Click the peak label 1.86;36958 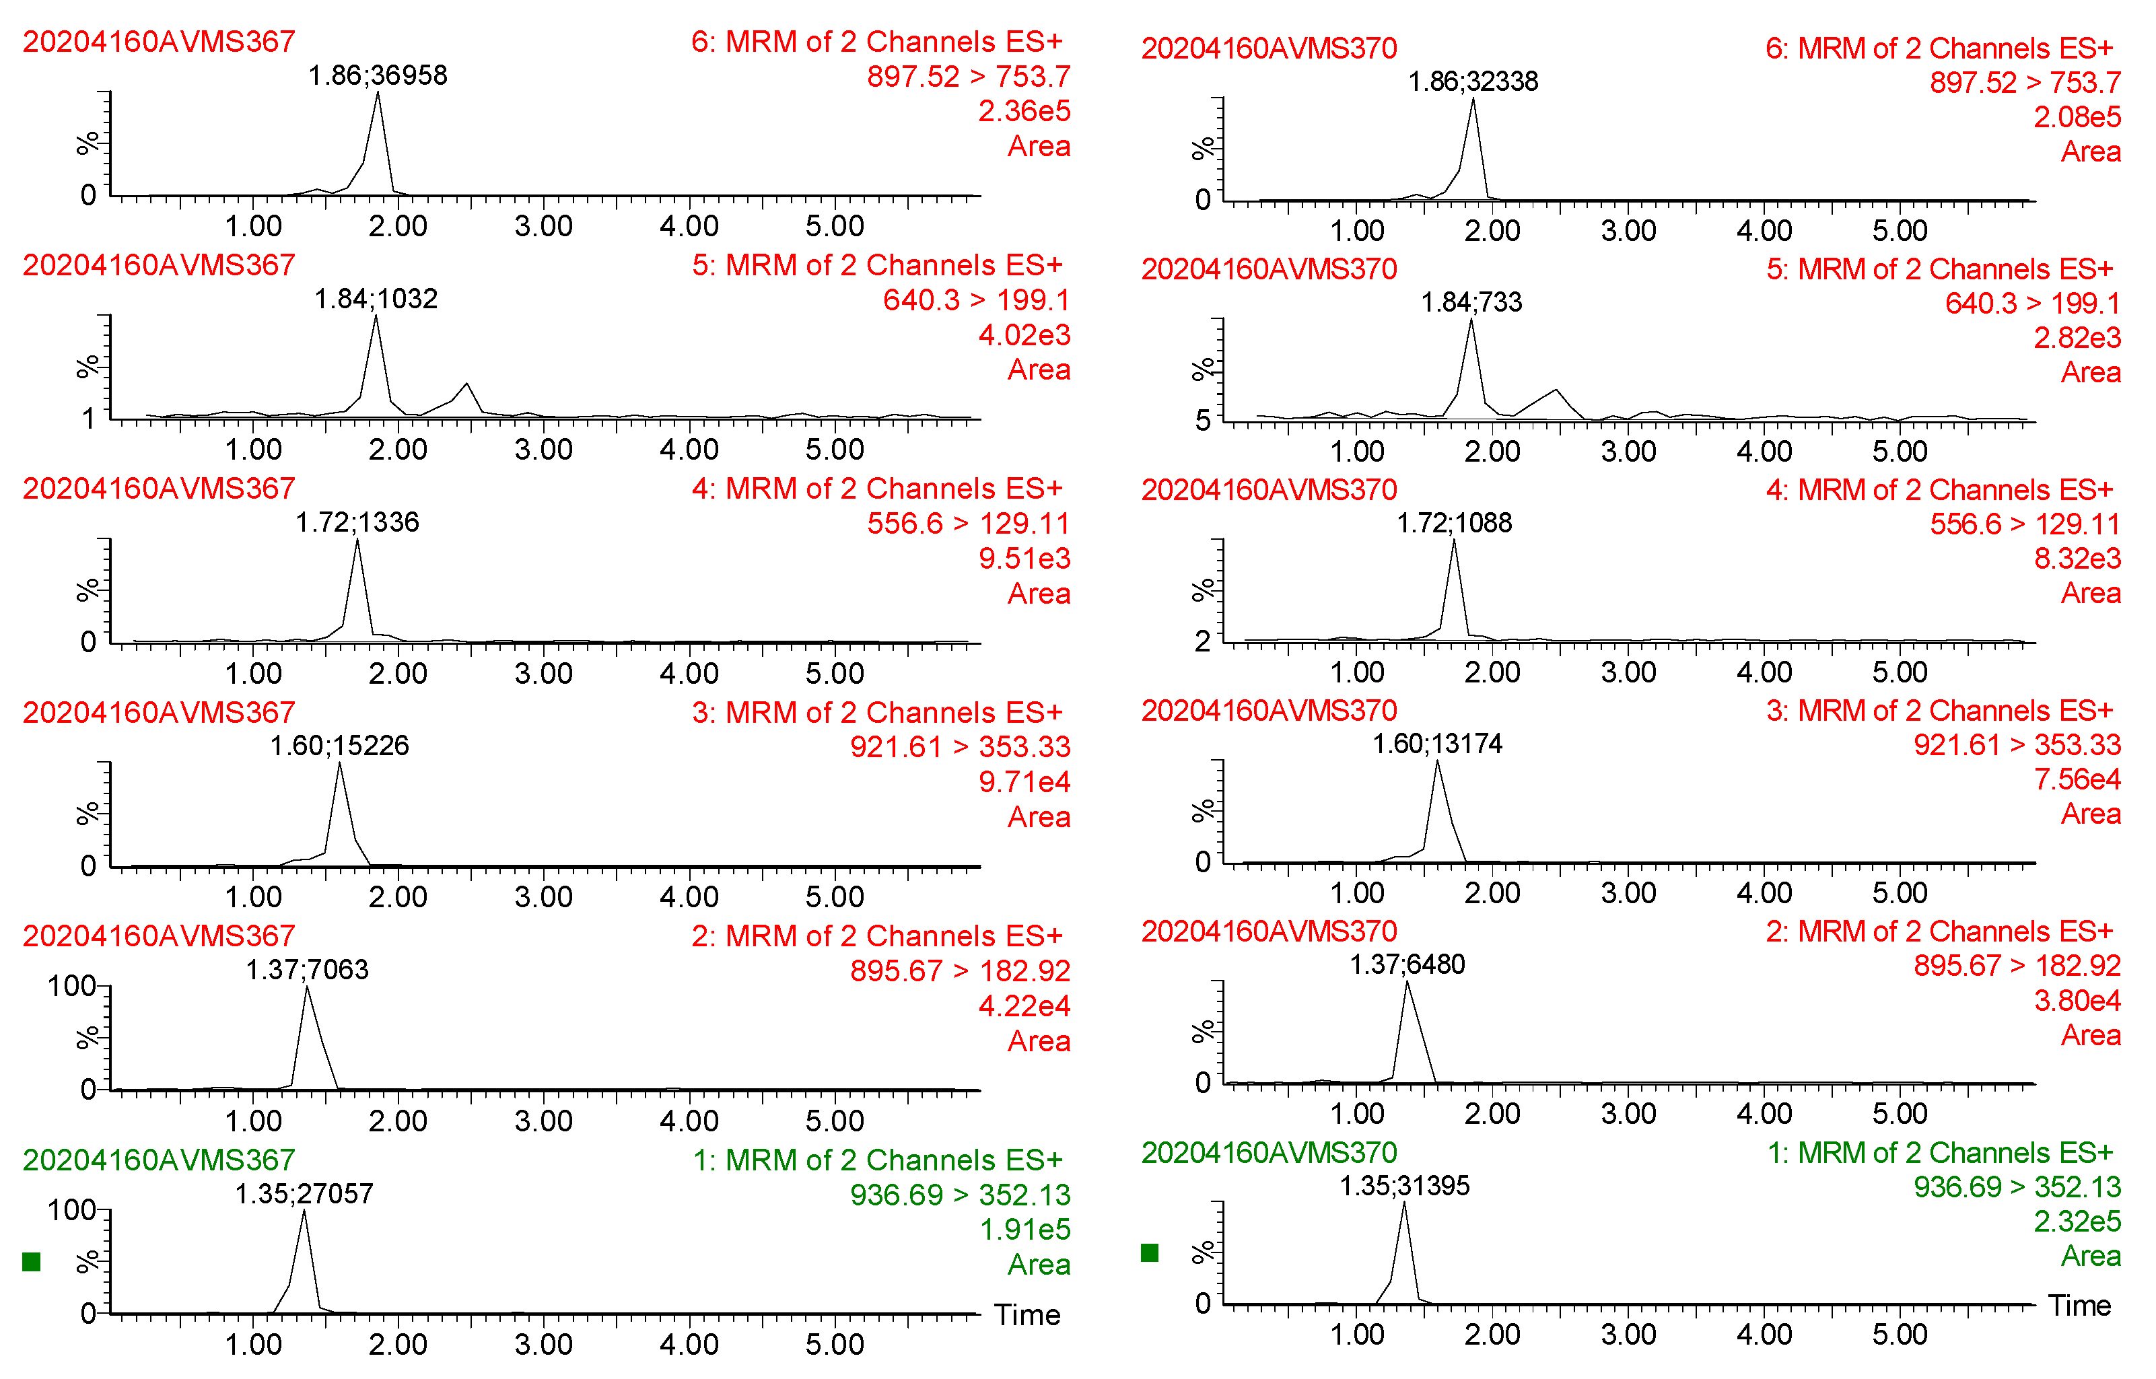pos(377,75)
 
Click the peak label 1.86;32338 pos(1473,81)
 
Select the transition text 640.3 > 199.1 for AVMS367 pos(976,300)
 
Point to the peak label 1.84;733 pos(1471,303)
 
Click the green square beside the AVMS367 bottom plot pos(32,1262)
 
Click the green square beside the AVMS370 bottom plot pos(1150,1252)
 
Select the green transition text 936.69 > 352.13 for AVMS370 pos(2016,1187)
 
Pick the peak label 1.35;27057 pos(304,1194)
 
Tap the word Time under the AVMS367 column pos(1027,1314)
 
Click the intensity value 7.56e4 pos(2077,780)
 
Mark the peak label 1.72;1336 pos(357,522)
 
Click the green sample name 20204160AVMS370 pos(1269,1152)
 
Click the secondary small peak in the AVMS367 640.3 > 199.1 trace pos(466,386)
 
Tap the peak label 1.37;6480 pos(1407,964)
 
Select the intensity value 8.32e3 pos(2077,559)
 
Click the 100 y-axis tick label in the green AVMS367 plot pos(71,1211)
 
